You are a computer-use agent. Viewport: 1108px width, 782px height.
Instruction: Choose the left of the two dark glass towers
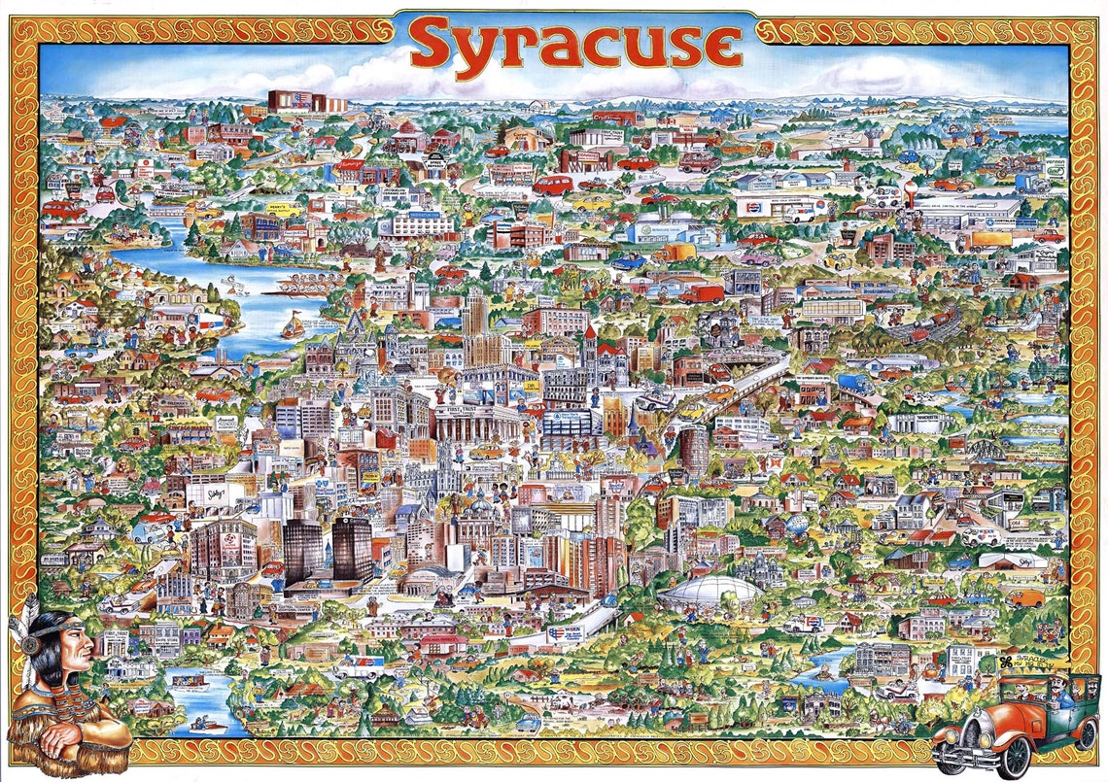304,550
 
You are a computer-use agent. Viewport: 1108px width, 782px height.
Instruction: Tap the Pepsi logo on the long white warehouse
750,206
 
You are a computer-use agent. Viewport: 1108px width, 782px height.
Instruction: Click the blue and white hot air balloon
797,525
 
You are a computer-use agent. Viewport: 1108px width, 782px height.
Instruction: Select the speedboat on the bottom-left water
209,723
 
